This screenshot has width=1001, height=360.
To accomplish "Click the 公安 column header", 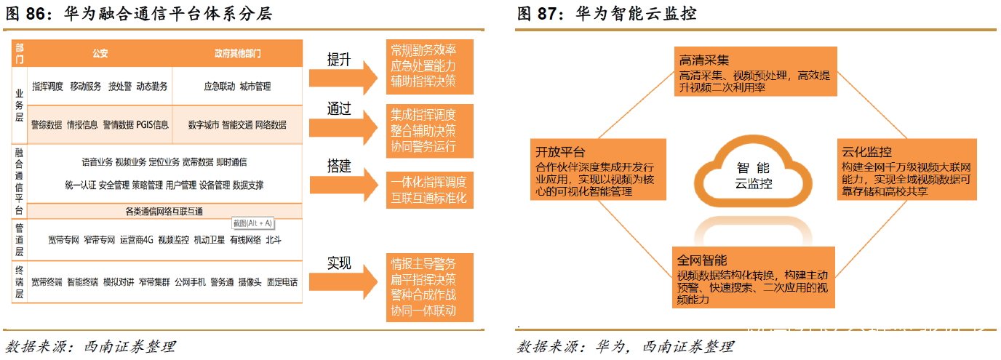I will (x=100, y=54).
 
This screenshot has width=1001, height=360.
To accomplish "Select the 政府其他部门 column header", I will (x=237, y=54).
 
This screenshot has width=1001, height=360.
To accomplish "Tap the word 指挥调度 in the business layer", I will (x=47, y=87).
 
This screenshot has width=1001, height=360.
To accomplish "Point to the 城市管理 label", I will (x=255, y=87).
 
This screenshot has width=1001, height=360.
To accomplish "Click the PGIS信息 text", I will (x=152, y=124).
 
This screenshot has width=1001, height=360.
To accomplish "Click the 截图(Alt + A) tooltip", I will (x=252, y=223).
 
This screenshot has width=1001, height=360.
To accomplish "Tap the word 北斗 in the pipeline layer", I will (x=274, y=239).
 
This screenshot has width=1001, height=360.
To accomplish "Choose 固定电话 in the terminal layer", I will (x=282, y=281).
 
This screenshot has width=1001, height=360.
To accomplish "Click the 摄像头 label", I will (x=250, y=281).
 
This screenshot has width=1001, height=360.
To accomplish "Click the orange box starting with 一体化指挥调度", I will (x=429, y=189).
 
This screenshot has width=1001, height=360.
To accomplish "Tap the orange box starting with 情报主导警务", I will (x=429, y=287).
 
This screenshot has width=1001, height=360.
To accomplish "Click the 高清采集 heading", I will (x=703, y=60).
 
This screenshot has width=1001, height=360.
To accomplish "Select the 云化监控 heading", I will (x=866, y=152).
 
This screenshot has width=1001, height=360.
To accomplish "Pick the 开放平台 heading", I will (x=559, y=152).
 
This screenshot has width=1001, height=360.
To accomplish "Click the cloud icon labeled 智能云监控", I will (x=752, y=175).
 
